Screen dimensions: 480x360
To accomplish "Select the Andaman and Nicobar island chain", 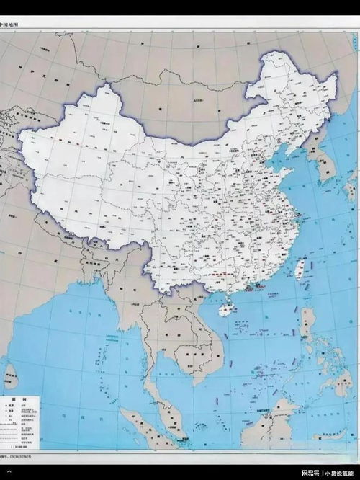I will click(x=94, y=353).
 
